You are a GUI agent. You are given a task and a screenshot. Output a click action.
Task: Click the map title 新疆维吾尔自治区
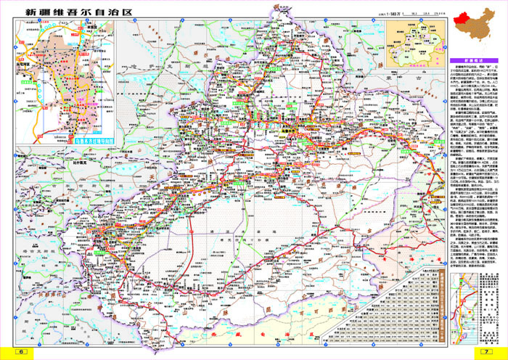pyautogui.click(x=79, y=12)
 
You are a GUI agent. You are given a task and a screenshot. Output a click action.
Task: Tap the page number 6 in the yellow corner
pyautogui.click(x=22, y=351)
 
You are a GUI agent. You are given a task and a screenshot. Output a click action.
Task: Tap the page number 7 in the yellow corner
pyautogui.click(x=486, y=351)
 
